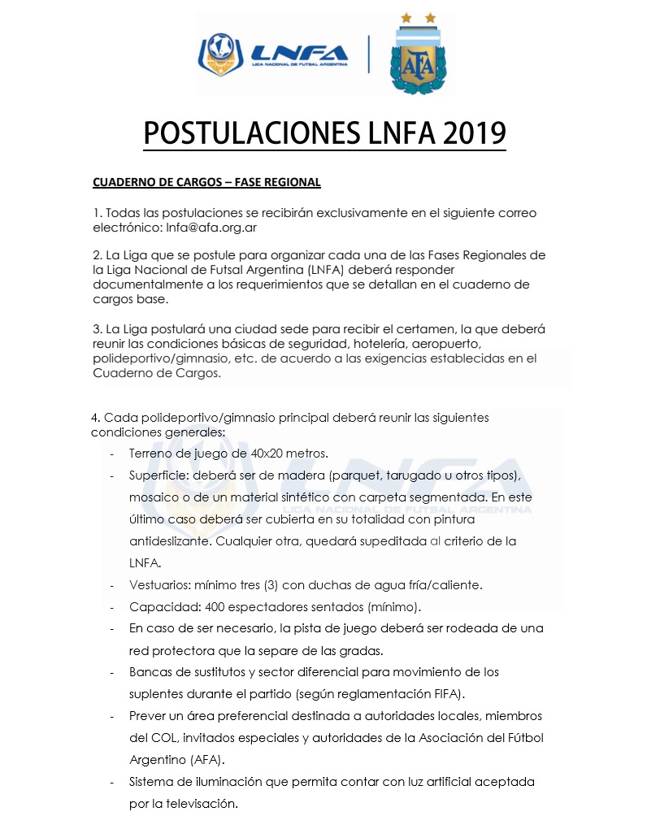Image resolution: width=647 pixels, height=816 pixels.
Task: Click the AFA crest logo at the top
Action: [x=418, y=61]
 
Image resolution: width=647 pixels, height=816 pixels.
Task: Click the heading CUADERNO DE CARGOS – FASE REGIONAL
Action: [x=206, y=182]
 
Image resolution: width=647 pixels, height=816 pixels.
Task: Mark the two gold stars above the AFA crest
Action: [x=418, y=18]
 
